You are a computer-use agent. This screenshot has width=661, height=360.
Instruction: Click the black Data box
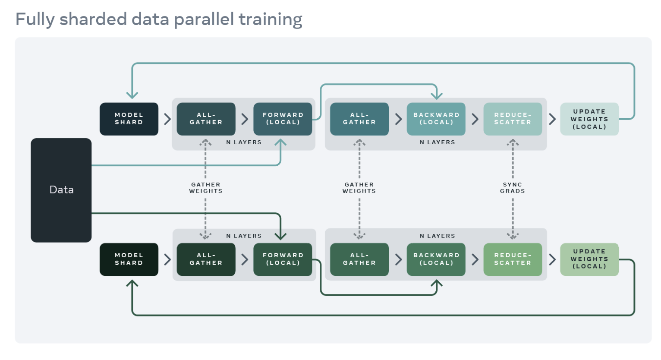(x=61, y=190)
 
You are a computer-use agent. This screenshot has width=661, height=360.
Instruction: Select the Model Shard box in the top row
(x=129, y=119)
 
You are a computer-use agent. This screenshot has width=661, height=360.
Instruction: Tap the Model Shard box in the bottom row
(x=129, y=259)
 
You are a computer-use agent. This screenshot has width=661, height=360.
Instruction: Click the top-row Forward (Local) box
(x=283, y=119)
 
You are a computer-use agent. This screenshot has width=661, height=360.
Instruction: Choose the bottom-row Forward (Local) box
(x=283, y=259)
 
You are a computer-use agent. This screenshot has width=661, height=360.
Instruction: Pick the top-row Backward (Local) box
(x=436, y=119)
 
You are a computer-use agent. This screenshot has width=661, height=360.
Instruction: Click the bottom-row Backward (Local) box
(x=436, y=259)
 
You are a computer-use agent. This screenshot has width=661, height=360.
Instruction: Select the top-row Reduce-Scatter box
(x=513, y=119)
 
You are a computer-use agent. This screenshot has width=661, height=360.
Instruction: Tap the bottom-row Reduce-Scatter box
(x=513, y=259)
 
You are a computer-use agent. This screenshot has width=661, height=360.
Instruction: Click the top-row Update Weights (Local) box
(x=589, y=119)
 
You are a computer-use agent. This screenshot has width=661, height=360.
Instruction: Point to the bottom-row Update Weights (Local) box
(x=589, y=259)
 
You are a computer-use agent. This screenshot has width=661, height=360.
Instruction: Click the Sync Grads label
(x=513, y=188)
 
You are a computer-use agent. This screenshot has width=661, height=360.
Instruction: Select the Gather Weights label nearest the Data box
(x=206, y=188)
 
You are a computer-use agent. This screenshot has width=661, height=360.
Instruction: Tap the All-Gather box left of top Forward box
(x=206, y=119)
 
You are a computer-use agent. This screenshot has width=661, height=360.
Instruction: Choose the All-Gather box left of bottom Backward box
(x=359, y=259)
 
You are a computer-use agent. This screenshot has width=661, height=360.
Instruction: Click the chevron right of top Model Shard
(x=167, y=119)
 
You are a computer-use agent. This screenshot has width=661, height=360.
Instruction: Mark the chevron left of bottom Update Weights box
(x=552, y=259)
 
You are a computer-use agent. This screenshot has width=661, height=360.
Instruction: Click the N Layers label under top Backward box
(x=437, y=142)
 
